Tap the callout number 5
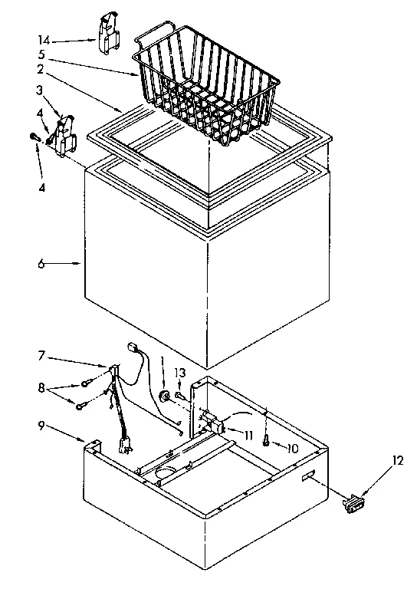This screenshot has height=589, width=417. pyautogui.click(x=45, y=55)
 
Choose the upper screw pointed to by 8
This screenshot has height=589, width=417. pyautogui.click(x=85, y=384)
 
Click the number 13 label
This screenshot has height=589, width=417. pyautogui.click(x=180, y=373)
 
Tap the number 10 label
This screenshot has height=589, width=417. pyautogui.click(x=294, y=447)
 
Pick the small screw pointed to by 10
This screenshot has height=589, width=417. pyautogui.click(x=264, y=441)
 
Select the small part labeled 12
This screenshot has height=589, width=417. pyautogui.click(x=353, y=503)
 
